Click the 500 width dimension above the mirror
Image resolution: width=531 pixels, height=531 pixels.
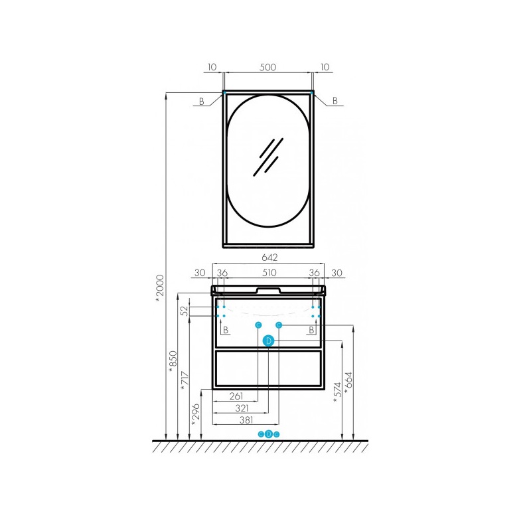coord(267,67)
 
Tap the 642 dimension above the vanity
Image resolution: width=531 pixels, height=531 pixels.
coord(269,258)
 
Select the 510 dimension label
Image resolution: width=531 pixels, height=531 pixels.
coord(269,273)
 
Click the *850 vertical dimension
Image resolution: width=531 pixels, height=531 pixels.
coord(173,361)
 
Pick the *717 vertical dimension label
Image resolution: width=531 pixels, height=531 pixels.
coord(185,380)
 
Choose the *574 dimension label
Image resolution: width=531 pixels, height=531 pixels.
coord(338,392)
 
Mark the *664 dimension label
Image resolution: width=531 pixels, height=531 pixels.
coord(348,383)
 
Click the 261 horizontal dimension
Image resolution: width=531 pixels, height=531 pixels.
coord(236,396)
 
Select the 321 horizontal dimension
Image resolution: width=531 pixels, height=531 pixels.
coord(242,408)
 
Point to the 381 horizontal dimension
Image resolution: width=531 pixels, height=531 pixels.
coord(246,420)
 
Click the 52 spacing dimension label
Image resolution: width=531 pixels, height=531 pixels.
coord(185,311)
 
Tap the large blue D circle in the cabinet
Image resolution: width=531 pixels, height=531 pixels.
coord(269,341)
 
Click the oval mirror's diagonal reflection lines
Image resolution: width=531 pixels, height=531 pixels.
coord(268,157)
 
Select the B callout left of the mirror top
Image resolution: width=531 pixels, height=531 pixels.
coord(202,102)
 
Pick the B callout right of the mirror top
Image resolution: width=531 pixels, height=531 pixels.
coord(335,101)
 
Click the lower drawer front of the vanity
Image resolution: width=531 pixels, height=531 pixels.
coord(268,368)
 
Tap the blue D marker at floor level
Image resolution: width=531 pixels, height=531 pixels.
coord(269,434)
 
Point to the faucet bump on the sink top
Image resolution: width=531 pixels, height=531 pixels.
coord(268,290)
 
